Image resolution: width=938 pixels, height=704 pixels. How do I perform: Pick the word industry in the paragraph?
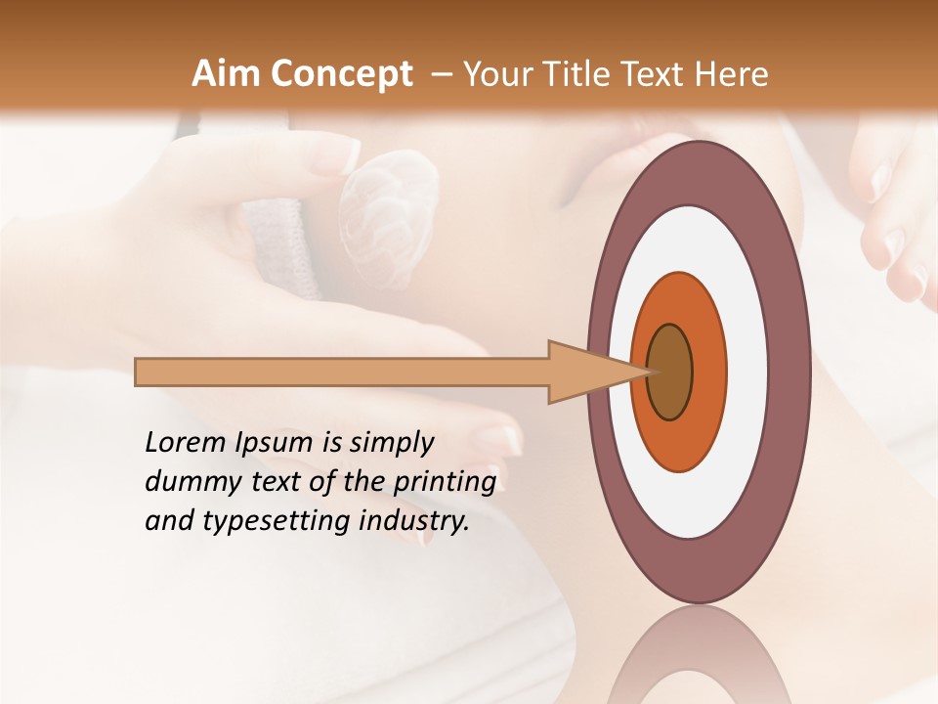[x=413, y=522]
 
